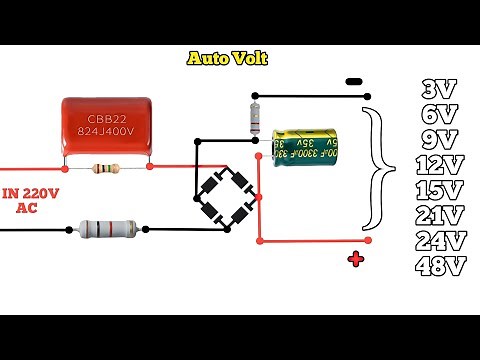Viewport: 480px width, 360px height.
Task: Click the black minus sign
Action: [x=352, y=82]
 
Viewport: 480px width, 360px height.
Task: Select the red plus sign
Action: [x=355, y=261]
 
